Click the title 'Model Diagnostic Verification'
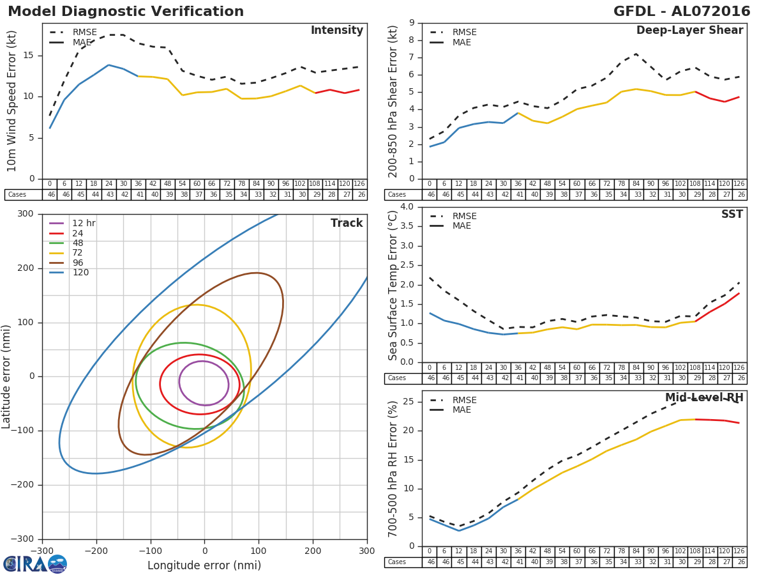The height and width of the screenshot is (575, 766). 126,11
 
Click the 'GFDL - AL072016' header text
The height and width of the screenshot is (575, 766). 682,11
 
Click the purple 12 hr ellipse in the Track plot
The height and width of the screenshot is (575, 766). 204,362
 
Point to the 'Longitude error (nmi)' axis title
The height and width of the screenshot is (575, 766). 204,565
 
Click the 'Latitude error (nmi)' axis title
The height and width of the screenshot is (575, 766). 7,376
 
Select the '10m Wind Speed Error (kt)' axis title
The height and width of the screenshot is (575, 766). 11,101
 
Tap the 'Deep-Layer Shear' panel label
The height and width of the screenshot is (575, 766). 689,31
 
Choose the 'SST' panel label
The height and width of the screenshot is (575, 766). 732,215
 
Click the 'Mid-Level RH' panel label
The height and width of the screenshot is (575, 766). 704,398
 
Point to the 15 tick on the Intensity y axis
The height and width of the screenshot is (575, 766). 30,56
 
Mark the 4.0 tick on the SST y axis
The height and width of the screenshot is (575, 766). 406,207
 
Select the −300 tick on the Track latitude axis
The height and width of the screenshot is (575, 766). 25,539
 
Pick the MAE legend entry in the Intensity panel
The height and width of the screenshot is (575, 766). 84,42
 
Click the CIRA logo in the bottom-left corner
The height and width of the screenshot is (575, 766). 35,563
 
